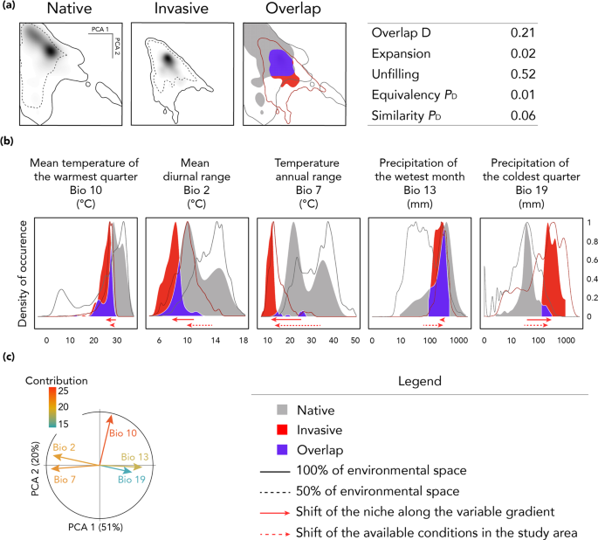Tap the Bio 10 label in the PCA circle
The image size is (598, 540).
[125, 433]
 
